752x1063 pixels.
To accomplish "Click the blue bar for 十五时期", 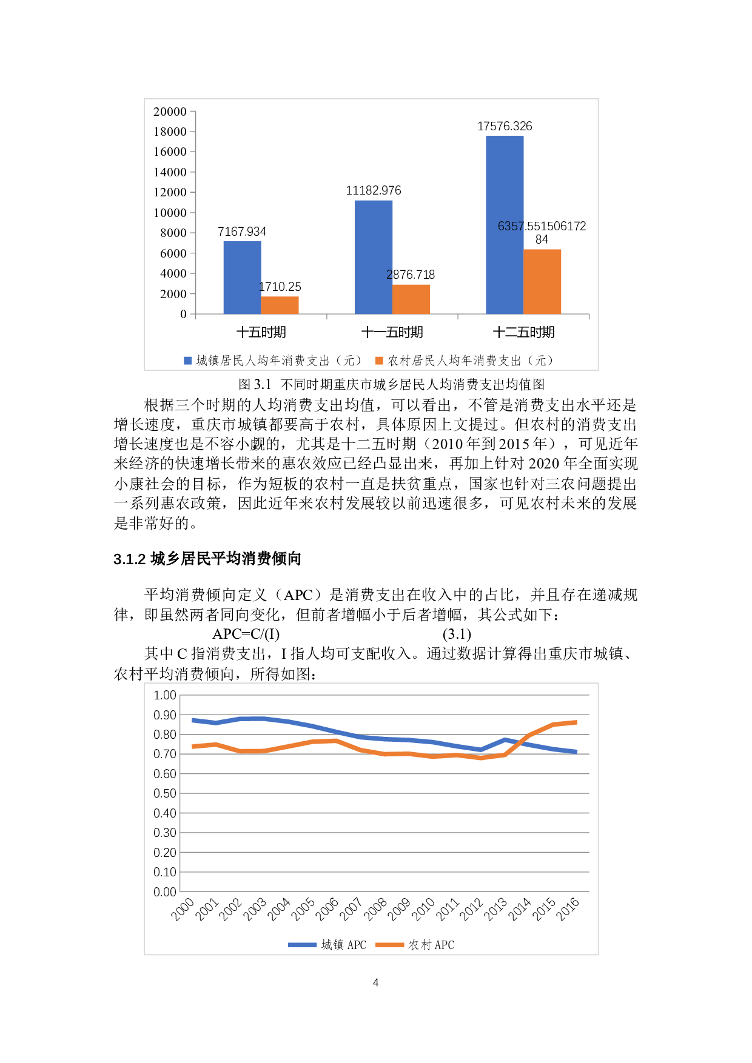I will click(x=242, y=278).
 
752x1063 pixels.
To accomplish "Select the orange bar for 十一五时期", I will click(x=411, y=299).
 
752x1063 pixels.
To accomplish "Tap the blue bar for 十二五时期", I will click(x=505, y=225).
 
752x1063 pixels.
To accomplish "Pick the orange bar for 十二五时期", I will click(x=542, y=282).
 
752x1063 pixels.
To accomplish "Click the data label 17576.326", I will click(x=505, y=126).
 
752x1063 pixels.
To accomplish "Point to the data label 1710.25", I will click(x=280, y=287).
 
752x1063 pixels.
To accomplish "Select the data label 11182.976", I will click(x=374, y=190).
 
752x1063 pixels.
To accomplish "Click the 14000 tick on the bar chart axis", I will click(x=170, y=172).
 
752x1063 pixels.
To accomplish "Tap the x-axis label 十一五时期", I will click(x=392, y=332).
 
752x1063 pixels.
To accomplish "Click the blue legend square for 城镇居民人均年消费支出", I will click(x=188, y=361).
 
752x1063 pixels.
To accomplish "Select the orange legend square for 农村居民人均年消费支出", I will click(x=379, y=361).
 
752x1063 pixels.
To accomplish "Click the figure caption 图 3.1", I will click(x=255, y=384).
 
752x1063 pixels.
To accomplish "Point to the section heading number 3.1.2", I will click(x=129, y=559).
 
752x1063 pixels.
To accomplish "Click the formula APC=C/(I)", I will click(x=246, y=634).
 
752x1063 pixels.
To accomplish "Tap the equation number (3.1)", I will click(x=457, y=634).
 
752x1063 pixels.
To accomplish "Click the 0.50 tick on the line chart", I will click(x=165, y=793).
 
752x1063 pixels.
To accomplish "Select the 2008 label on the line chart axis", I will click(x=376, y=909).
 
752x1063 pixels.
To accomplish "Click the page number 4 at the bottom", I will click(x=376, y=982).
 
